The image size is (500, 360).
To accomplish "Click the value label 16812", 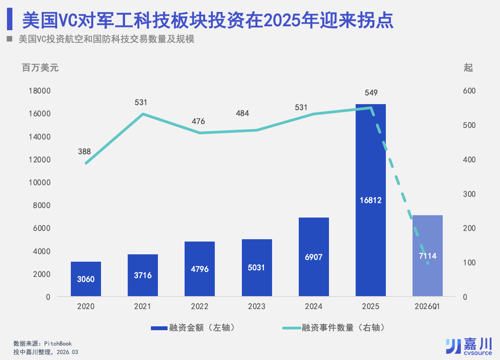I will [x=370, y=200].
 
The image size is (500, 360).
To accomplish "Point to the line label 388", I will [x=84, y=151].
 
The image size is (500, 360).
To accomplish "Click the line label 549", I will [x=371, y=93].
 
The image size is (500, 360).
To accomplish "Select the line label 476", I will [x=198, y=121].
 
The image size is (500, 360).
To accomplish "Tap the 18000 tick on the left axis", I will [x=39, y=91].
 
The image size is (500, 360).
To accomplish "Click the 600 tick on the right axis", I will [x=469, y=91].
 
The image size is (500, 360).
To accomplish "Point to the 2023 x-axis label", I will [x=257, y=306].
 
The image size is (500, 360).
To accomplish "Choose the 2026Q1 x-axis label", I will [x=427, y=306].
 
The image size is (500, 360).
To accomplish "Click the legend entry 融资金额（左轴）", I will [x=193, y=328].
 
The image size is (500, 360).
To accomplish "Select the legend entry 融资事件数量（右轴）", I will [x=335, y=328].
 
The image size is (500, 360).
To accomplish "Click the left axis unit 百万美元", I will [x=40, y=68].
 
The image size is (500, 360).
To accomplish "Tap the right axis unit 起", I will [x=468, y=68].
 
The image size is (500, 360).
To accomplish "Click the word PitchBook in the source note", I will [x=58, y=343].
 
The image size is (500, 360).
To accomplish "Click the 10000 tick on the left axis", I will [x=39, y=182].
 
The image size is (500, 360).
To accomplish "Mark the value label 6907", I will [x=313, y=257].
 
